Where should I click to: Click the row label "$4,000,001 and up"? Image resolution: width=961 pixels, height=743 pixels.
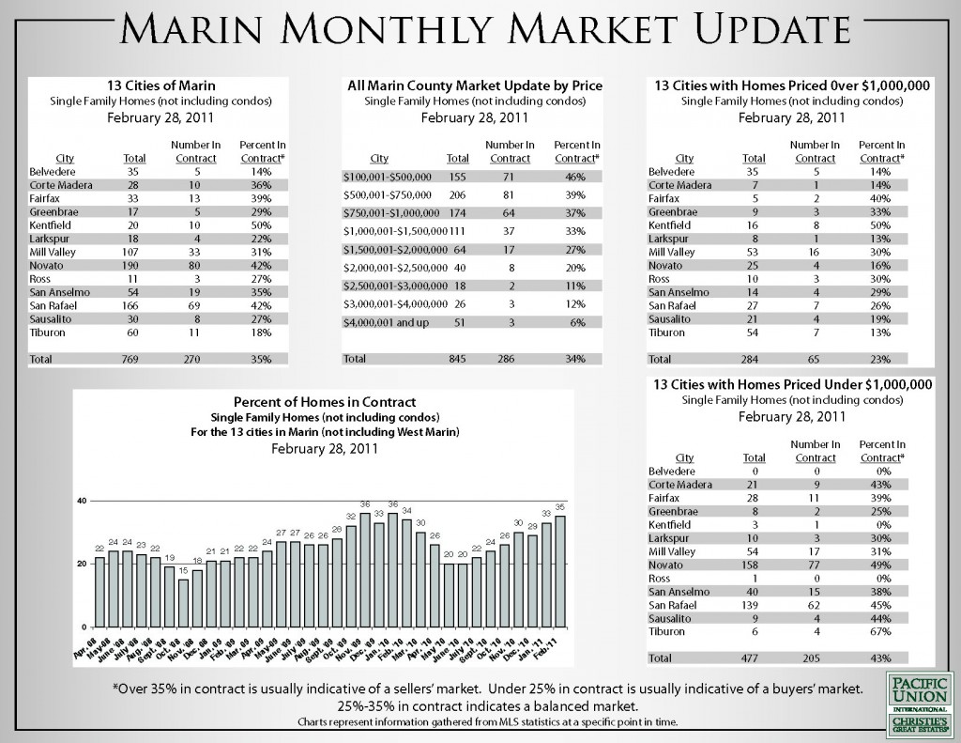point(387,321)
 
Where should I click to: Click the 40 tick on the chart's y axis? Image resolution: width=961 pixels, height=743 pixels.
point(82,501)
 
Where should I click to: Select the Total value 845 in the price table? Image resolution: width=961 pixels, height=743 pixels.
point(458,359)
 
